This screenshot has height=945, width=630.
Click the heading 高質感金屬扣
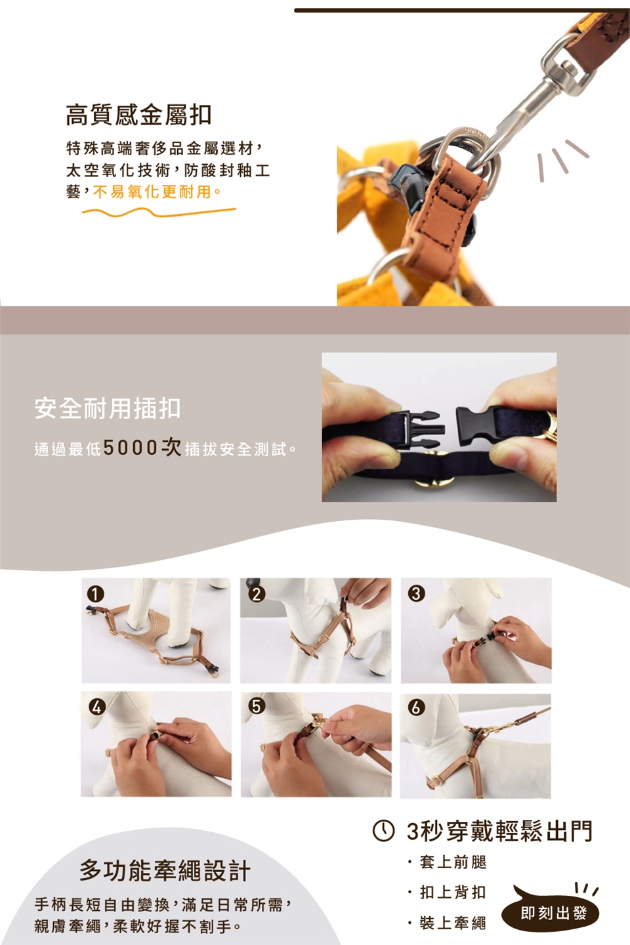tap(138, 115)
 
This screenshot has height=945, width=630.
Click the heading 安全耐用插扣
tap(108, 408)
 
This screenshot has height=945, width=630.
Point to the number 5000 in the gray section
tap(130, 448)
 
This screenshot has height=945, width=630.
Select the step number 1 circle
tap(96, 595)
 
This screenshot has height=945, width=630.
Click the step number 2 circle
tap(257, 593)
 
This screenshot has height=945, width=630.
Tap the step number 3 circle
tap(416, 593)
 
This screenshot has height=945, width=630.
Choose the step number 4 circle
tap(96, 707)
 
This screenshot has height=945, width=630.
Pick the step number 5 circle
tap(257, 706)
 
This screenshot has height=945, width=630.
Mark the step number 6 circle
tap(416, 707)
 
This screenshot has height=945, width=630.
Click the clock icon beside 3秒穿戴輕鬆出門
tap(383, 831)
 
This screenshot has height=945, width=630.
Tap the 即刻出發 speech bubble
tap(551, 913)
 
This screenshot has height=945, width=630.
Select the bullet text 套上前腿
tap(453, 862)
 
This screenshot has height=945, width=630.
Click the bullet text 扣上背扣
tap(453, 892)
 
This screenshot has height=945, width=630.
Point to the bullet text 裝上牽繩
tap(453, 923)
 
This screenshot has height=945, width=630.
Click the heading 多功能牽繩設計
tap(165, 871)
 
